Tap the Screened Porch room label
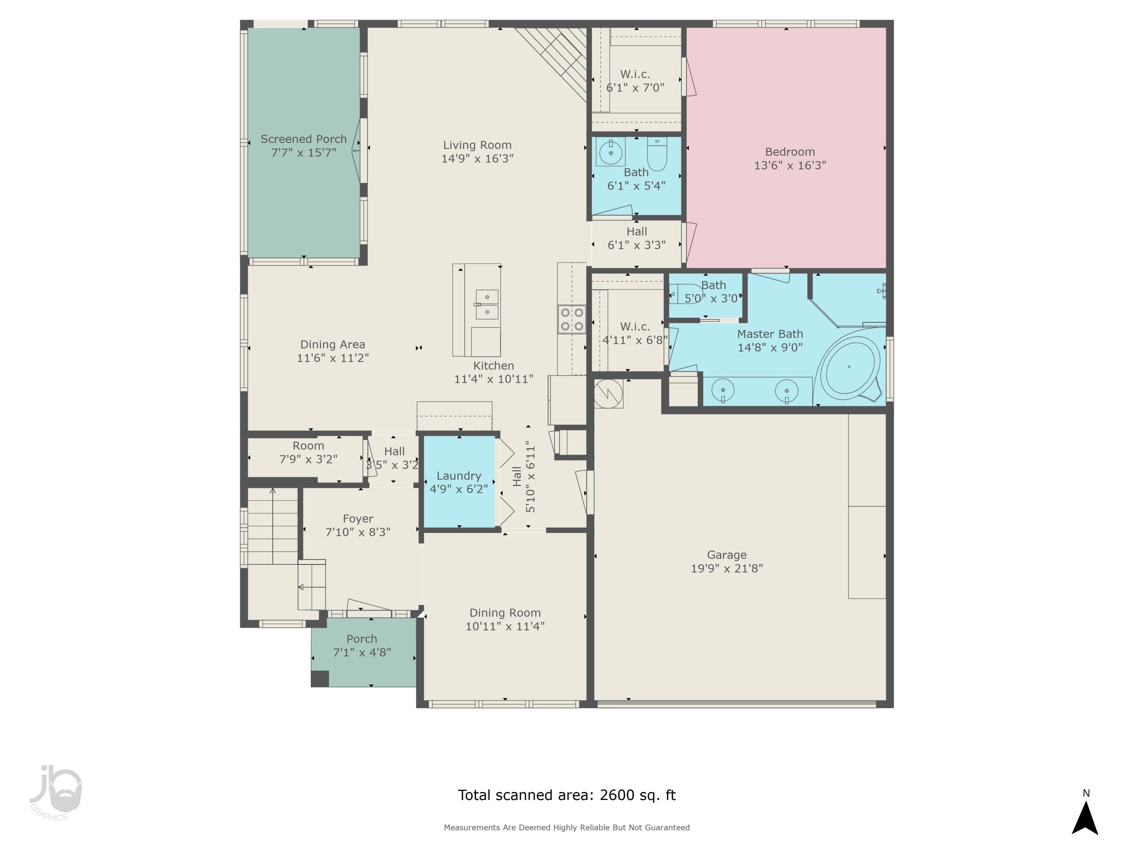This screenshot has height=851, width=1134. coord(304,139)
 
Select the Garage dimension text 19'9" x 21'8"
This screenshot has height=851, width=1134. coord(727,568)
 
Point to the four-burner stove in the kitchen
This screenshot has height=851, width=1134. coord(572,319)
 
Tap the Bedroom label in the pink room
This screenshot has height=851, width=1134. coord(790,152)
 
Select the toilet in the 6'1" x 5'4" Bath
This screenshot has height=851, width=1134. coord(657,154)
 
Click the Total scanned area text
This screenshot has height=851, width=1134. coord(567,795)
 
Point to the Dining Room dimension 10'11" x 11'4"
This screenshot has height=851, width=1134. coord(505,626)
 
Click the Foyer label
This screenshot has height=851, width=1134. coord(358,519)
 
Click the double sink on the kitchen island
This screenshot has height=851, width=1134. coord(486,304)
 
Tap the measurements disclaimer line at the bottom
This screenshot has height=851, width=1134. coord(567,828)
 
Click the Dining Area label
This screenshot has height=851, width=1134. coord(332,345)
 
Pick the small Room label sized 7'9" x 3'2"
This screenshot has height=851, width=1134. coord(308,446)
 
